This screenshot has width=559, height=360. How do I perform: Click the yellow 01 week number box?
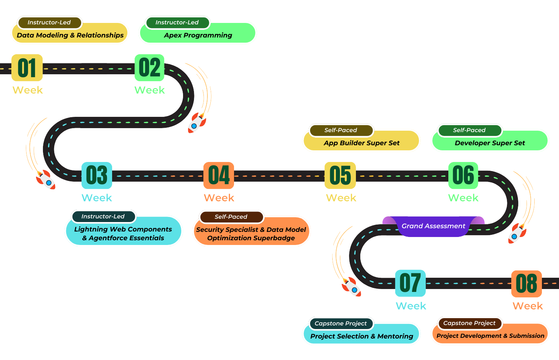[x=27, y=68]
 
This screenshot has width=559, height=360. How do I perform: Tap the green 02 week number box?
[x=149, y=68]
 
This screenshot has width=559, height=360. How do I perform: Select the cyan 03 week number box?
[x=96, y=175]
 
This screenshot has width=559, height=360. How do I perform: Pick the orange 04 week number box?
[x=219, y=175]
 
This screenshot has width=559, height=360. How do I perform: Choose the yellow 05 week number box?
[x=340, y=175]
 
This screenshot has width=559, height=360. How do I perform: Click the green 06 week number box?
[x=463, y=175]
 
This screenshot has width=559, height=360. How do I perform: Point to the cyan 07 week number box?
[x=410, y=283]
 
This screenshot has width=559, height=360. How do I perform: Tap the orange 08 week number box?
[x=526, y=284]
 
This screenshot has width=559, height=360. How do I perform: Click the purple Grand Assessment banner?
[x=433, y=226]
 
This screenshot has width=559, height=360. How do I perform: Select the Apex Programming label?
[x=198, y=35]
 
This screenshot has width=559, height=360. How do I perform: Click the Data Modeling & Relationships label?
[x=70, y=35]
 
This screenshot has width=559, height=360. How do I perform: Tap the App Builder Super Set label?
[x=361, y=143]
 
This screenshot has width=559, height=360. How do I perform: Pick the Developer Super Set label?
[x=489, y=143]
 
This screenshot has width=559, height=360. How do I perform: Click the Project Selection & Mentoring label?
[x=361, y=336]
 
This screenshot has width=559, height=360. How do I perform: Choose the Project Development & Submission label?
[x=490, y=336]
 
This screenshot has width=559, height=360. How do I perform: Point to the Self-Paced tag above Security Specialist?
[x=231, y=217]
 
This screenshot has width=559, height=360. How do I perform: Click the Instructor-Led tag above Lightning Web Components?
[x=103, y=216]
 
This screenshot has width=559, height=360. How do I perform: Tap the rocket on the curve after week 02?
[x=197, y=122]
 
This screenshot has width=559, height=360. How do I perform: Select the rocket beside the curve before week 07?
[x=351, y=287]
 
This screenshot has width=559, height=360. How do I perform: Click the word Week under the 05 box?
[x=341, y=198]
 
